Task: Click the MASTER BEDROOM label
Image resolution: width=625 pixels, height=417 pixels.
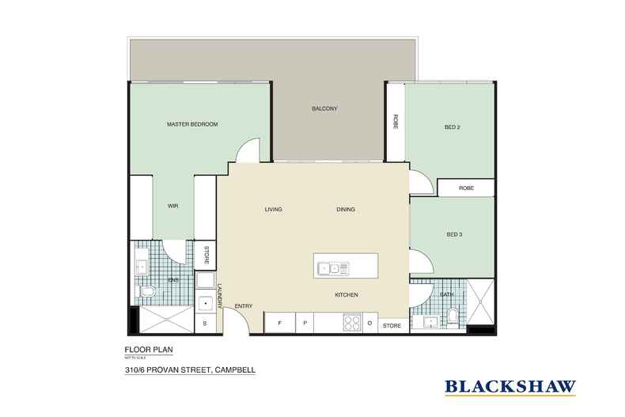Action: point(191,125)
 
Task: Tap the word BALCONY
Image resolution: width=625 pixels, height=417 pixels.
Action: point(324,109)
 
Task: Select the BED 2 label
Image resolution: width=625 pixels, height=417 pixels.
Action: point(452,127)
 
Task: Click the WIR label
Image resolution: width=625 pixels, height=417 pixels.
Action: point(172,206)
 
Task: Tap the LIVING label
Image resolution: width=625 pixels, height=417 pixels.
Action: point(273,210)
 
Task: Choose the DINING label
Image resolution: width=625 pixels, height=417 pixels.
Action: point(345,210)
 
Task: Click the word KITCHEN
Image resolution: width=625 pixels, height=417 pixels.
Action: point(347,295)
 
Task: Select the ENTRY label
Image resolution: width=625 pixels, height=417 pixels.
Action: point(243,307)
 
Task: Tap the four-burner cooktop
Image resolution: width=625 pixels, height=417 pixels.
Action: point(352,324)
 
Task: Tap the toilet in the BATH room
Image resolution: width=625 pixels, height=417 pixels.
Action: point(452,317)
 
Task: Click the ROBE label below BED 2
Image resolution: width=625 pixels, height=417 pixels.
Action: point(467,189)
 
